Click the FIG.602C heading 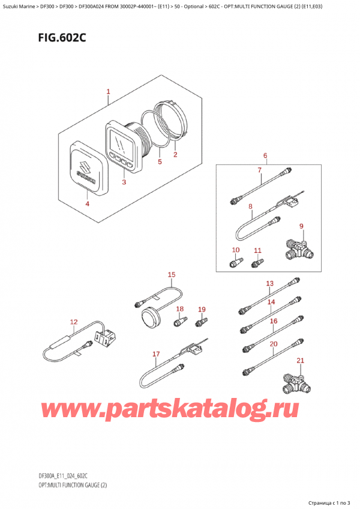[62, 38]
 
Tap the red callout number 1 [108, 92]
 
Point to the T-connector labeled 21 [296, 382]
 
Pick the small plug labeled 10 [236, 262]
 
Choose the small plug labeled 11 [257, 263]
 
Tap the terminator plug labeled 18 [180, 321]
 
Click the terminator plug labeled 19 [201, 322]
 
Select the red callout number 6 [265, 156]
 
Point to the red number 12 [74, 322]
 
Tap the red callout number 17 [156, 354]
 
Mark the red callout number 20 [274, 344]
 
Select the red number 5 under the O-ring [160, 161]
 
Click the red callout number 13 [270, 284]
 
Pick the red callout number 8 [250, 206]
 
